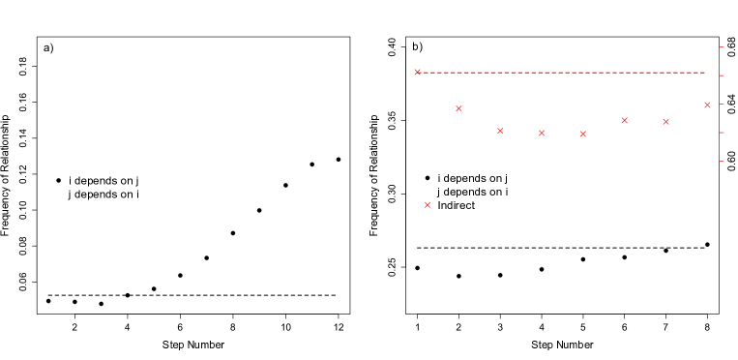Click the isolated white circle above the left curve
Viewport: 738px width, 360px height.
[58, 180]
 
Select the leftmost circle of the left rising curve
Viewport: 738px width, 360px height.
[48, 301]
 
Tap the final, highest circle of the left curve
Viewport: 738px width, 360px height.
[339, 159]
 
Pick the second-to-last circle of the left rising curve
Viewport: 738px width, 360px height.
[311, 165]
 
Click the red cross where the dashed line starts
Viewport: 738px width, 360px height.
[418, 72]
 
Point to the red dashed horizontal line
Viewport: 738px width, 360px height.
[561, 72]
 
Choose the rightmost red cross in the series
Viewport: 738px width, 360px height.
[707, 105]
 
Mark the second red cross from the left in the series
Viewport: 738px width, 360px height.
[458, 108]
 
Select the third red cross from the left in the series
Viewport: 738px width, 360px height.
[500, 130]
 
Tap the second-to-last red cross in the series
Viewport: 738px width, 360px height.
[665, 121]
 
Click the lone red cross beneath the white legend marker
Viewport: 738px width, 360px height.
[428, 204]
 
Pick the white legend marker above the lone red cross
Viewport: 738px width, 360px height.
[428, 178]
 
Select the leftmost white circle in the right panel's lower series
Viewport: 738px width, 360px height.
[417, 268]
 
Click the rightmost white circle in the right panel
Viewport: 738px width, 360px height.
[707, 244]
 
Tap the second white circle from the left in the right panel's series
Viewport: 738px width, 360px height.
[458, 276]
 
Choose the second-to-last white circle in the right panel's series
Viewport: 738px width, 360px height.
[665, 251]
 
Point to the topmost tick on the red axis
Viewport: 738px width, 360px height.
[722, 46]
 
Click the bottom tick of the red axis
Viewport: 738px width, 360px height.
[722, 161]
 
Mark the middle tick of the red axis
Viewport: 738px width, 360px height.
[722, 104]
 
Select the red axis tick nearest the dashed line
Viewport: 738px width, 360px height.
[722, 75]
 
